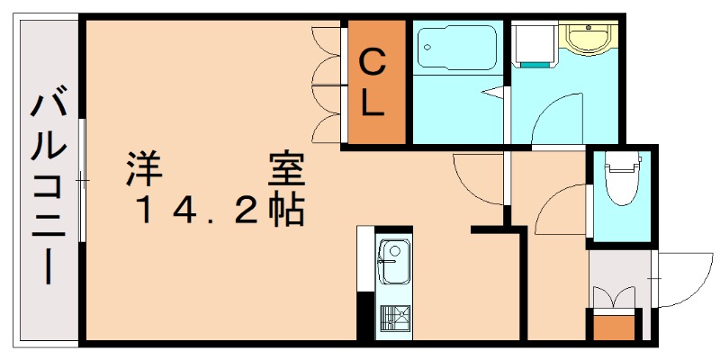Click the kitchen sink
click(x=392, y=261)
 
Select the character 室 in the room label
click(x=285, y=168)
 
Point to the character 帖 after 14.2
click(x=286, y=211)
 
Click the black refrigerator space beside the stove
click(x=365, y=315)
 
